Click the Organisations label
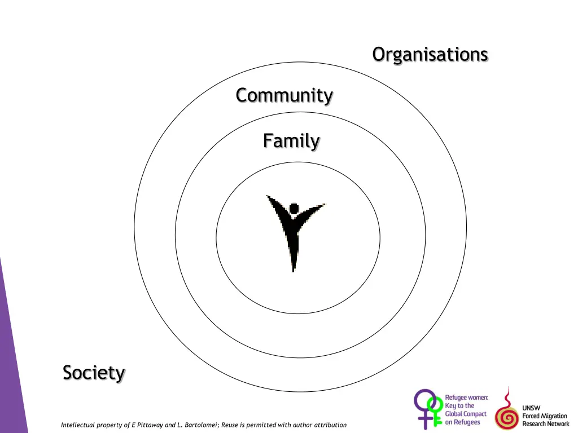coord(430,55)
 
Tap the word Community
coord(284,95)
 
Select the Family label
coord(291,140)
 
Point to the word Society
coord(94,373)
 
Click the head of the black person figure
coord(294,209)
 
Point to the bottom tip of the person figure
coord(293,269)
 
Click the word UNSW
coord(531,408)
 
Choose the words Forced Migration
coord(545,416)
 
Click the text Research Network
coord(545,424)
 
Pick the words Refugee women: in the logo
coord(466,397)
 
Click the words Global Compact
coord(466,414)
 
